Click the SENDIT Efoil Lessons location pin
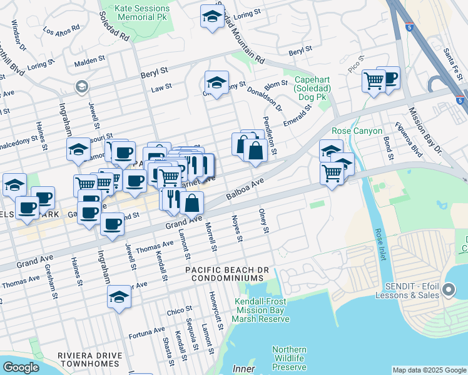tap(449, 289)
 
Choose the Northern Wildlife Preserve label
tap(288, 358)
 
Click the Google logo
tap(21, 367)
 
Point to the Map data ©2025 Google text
tap(430, 370)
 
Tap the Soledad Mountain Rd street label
tap(240, 38)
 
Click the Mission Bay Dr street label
tap(425, 132)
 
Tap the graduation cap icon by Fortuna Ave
tap(119, 298)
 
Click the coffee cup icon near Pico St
tap(389, 79)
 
